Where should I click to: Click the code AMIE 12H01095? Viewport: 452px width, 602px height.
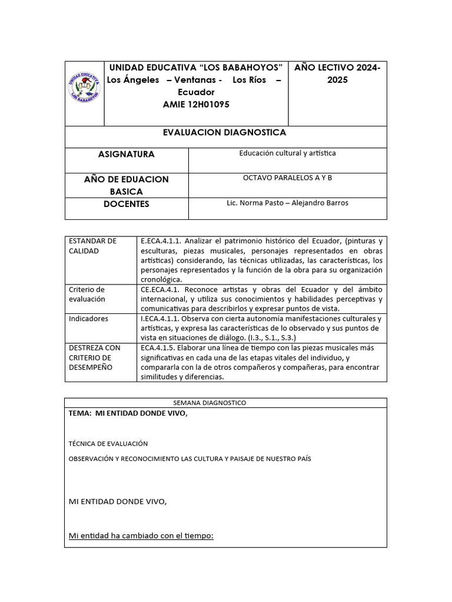196,104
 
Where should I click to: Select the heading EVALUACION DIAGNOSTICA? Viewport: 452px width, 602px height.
224,133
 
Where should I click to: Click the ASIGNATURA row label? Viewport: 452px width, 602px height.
126,154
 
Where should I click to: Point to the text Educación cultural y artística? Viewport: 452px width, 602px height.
287,153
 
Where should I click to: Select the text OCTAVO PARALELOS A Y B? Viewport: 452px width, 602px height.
287,178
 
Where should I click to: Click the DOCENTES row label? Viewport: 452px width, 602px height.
126,204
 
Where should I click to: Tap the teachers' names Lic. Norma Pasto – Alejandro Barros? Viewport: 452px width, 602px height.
287,203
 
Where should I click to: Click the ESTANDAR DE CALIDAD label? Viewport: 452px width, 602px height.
93,246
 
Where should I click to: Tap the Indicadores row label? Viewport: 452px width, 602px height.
88,319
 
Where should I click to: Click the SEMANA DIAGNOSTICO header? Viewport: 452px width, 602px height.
210,403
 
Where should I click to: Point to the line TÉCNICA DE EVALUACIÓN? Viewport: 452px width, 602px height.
108,443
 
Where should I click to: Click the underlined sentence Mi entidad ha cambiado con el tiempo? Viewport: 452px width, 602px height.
141,535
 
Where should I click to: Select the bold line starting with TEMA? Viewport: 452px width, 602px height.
128,413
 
